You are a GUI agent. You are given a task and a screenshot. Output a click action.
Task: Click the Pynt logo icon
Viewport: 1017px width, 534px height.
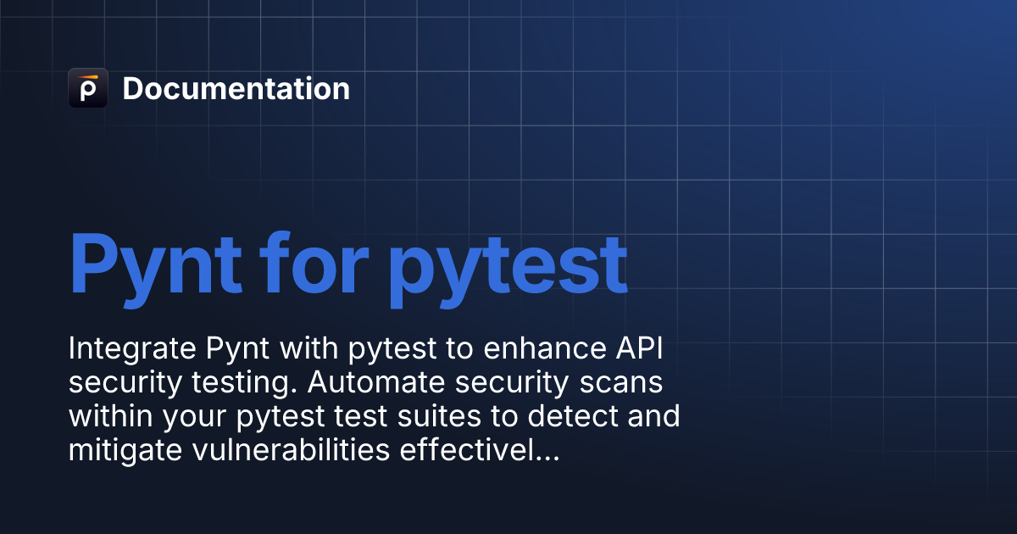click(88, 88)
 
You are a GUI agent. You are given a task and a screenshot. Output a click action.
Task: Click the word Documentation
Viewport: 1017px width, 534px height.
click(236, 89)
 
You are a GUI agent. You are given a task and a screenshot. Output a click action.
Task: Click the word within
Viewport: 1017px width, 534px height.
click(106, 417)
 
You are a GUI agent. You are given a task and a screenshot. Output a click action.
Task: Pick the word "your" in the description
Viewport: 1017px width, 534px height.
click(183, 418)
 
